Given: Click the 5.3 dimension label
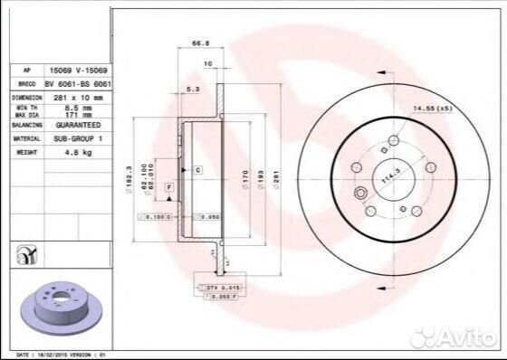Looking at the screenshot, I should [192, 90].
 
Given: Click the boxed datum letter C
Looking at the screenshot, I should [196, 169].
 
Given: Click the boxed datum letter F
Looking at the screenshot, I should [168, 185].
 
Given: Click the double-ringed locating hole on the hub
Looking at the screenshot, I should [360, 192].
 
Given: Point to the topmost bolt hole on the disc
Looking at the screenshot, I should [393, 140].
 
